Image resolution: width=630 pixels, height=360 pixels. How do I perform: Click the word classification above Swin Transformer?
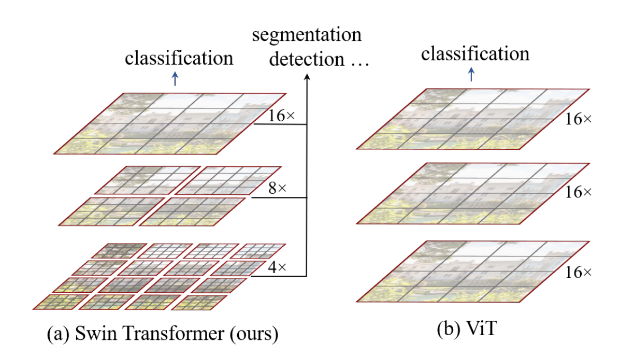[x=179, y=58]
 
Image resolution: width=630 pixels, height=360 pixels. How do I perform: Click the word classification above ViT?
[x=475, y=53]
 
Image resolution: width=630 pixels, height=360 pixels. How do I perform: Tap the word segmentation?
[x=307, y=36]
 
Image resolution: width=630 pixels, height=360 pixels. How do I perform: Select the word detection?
[x=299, y=59]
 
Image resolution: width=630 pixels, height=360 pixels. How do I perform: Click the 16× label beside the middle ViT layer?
[x=578, y=193]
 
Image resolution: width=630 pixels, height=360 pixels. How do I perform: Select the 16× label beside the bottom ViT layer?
[x=578, y=272]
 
